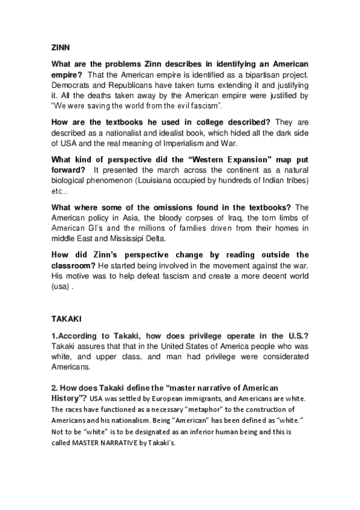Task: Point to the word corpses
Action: click(x=178, y=217)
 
